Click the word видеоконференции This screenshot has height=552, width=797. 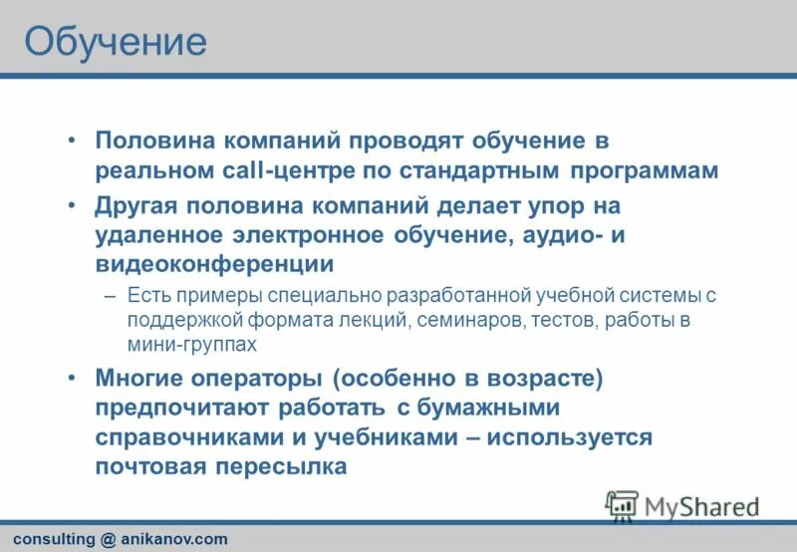coord(214,264)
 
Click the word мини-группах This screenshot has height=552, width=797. coord(191,344)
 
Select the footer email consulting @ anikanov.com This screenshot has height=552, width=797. coord(120,539)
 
